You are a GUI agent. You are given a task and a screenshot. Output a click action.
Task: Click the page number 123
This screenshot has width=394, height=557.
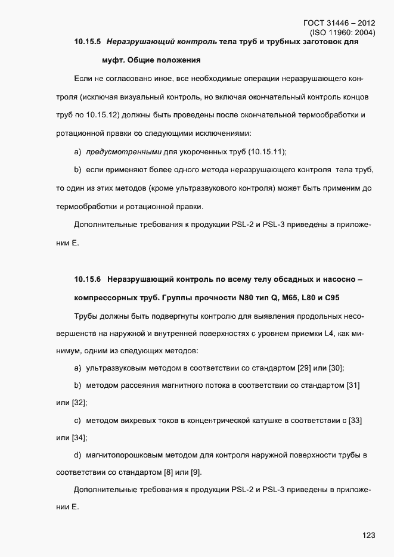368,536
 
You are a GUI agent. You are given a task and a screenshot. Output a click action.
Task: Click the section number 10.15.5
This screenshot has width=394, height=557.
87,42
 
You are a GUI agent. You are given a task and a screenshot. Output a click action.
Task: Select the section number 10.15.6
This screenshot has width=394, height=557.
87,279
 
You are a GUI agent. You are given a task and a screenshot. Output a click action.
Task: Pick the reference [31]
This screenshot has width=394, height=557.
352,386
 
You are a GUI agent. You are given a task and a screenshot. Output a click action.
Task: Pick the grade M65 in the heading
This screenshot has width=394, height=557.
275,297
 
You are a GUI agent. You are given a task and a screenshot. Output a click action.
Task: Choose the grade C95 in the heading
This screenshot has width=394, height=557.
338,297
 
